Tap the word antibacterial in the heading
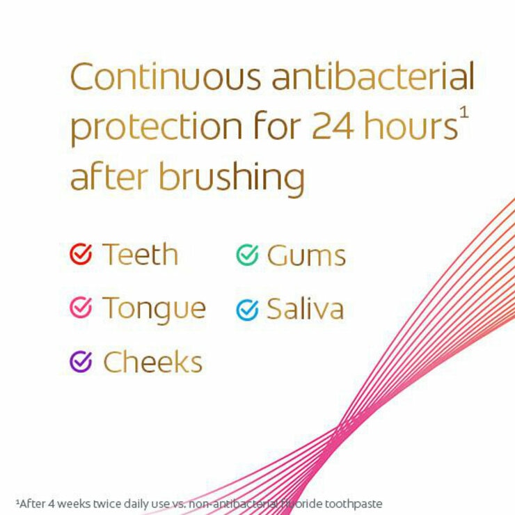pyautogui.click(x=373, y=77)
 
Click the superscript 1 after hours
pyautogui.click(x=465, y=111)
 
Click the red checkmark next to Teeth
pyautogui.click(x=81, y=255)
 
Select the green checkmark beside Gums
pyautogui.click(x=247, y=255)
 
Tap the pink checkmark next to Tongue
pyautogui.click(x=81, y=308)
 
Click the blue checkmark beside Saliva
pyautogui.click(x=247, y=309)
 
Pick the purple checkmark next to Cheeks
pyautogui.click(x=81, y=361)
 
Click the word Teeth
pyautogui.click(x=141, y=255)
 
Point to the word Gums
pyautogui.click(x=306, y=256)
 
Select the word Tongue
pyautogui.click(x=154, y=309)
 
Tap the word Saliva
pyautogui.click(x=305, y=309)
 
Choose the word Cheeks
pyautogui.click(x=153, y=362)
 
